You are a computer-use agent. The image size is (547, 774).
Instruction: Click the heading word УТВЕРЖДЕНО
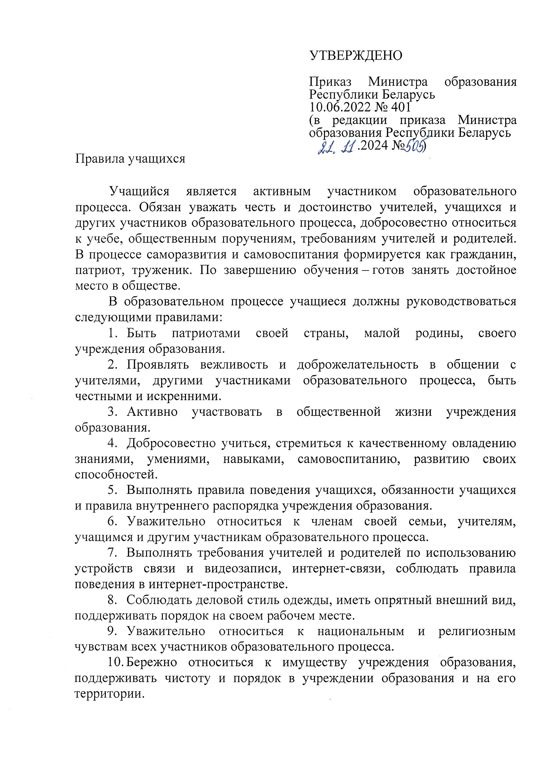pos(356,56)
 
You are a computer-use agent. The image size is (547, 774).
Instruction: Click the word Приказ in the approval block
pos(330,82)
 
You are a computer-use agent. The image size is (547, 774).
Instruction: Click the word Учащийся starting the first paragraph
pos(139,191)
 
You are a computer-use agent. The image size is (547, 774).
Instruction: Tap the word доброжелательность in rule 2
pos(358,365)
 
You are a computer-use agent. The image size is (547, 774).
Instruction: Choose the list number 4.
pos(112,443)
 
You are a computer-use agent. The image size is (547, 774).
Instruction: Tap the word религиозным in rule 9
pos(477,631)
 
